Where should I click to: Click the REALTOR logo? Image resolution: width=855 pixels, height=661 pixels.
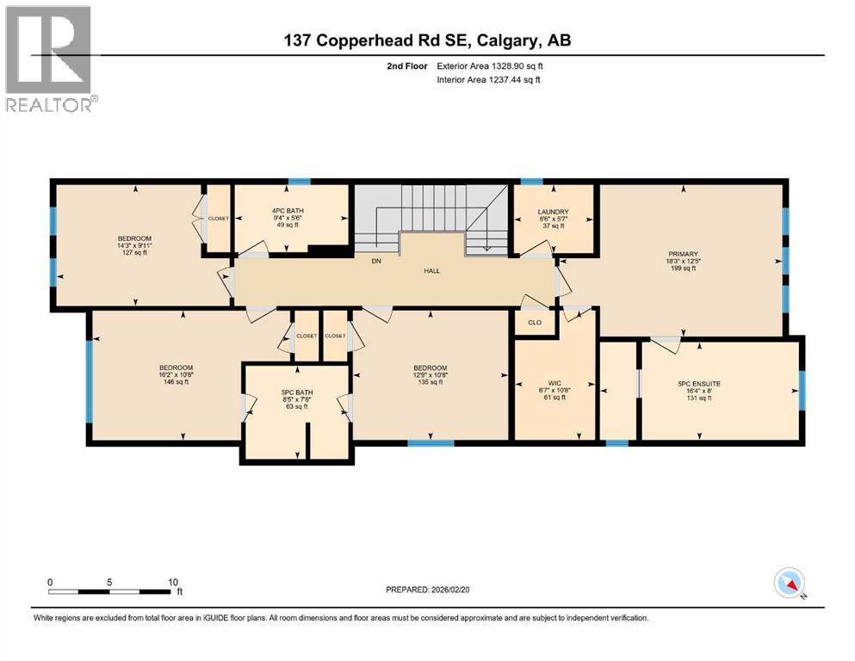point(50,58)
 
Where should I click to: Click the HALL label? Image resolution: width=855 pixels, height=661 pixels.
point(431,270)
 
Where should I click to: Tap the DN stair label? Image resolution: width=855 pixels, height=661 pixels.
point(375,259)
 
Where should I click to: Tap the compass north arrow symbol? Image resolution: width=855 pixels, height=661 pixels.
point(790,584)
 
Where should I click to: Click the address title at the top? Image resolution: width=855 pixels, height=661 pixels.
point(427,40)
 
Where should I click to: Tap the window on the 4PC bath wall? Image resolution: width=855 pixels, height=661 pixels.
point(299,182)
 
